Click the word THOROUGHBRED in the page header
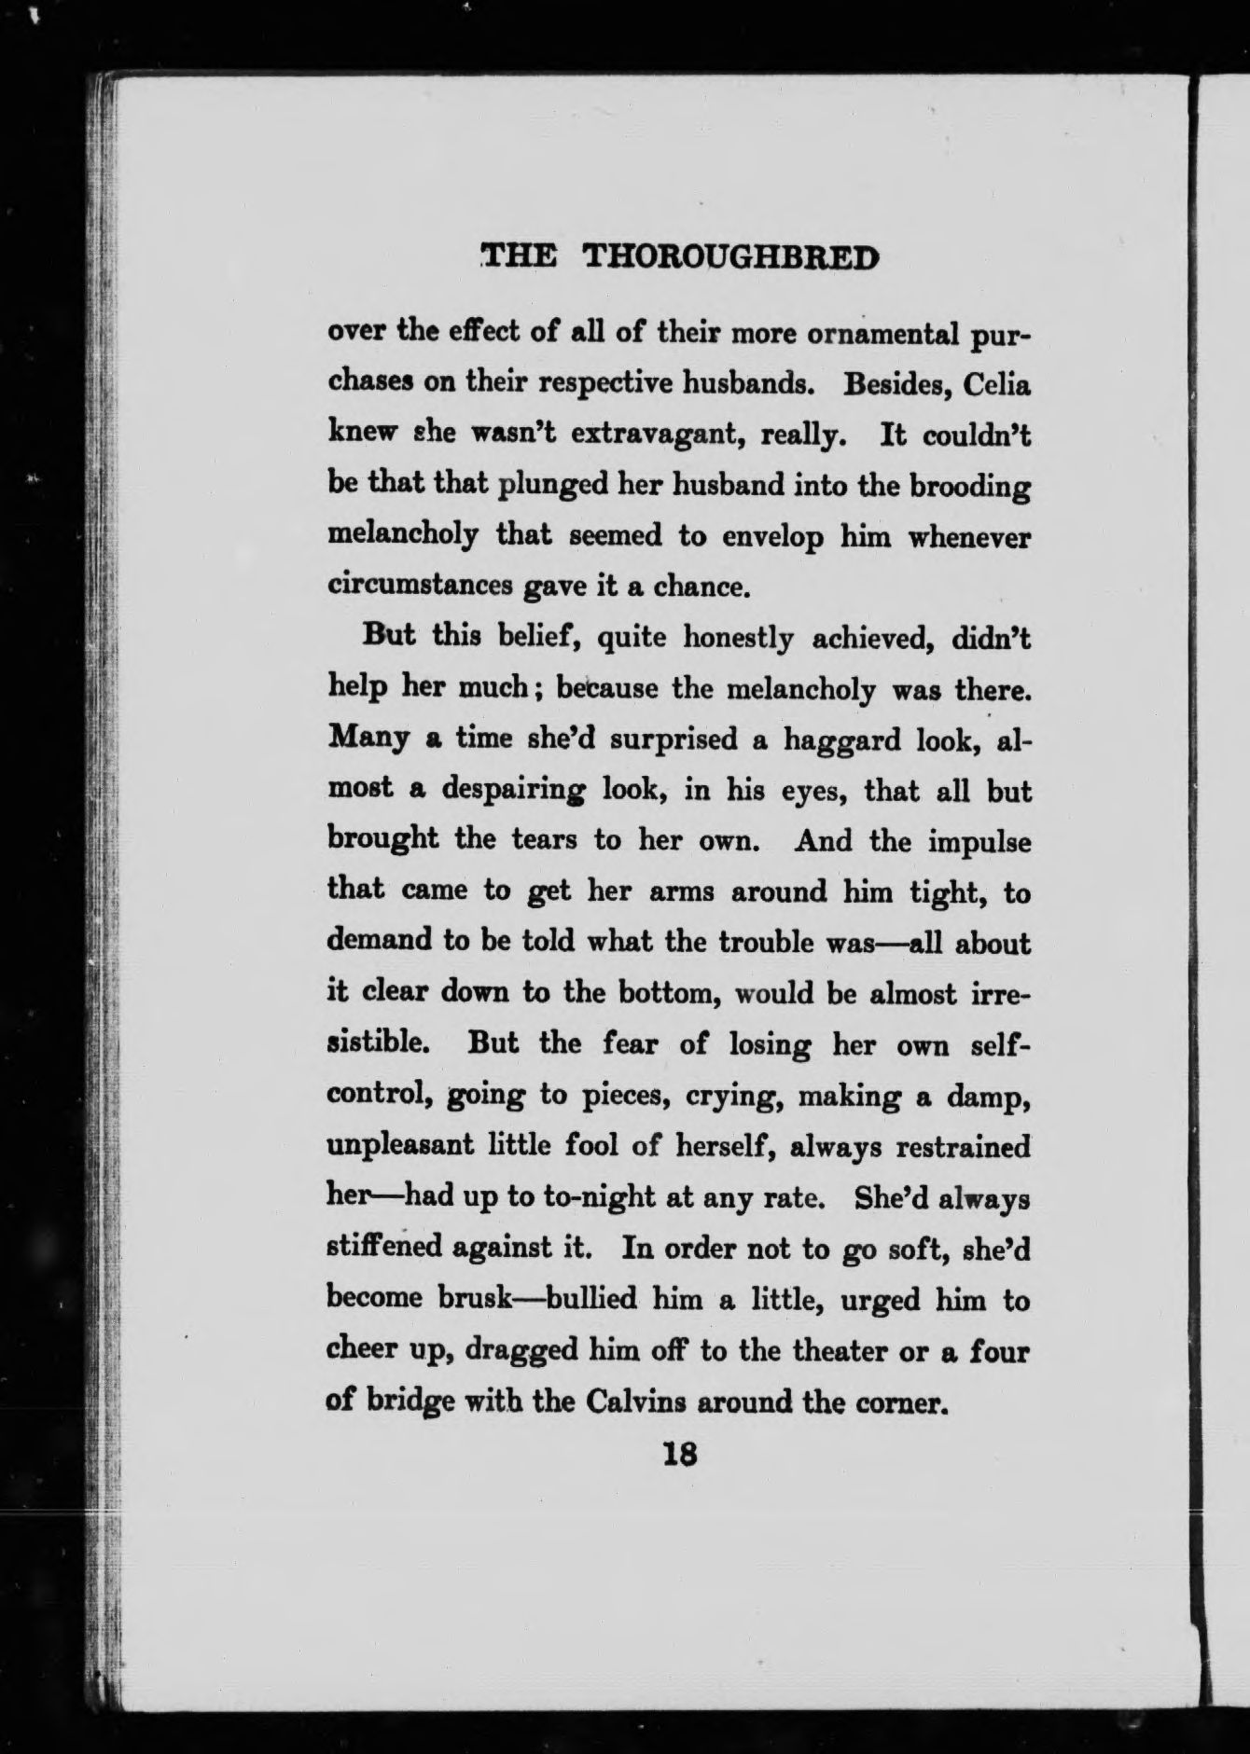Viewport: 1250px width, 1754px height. pos(730,257)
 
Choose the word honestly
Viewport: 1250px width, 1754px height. pos(739,639)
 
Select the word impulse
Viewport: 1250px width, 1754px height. pos(979,841)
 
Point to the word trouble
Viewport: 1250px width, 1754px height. pos(767,943)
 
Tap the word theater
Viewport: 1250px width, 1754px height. pos(811,1349)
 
